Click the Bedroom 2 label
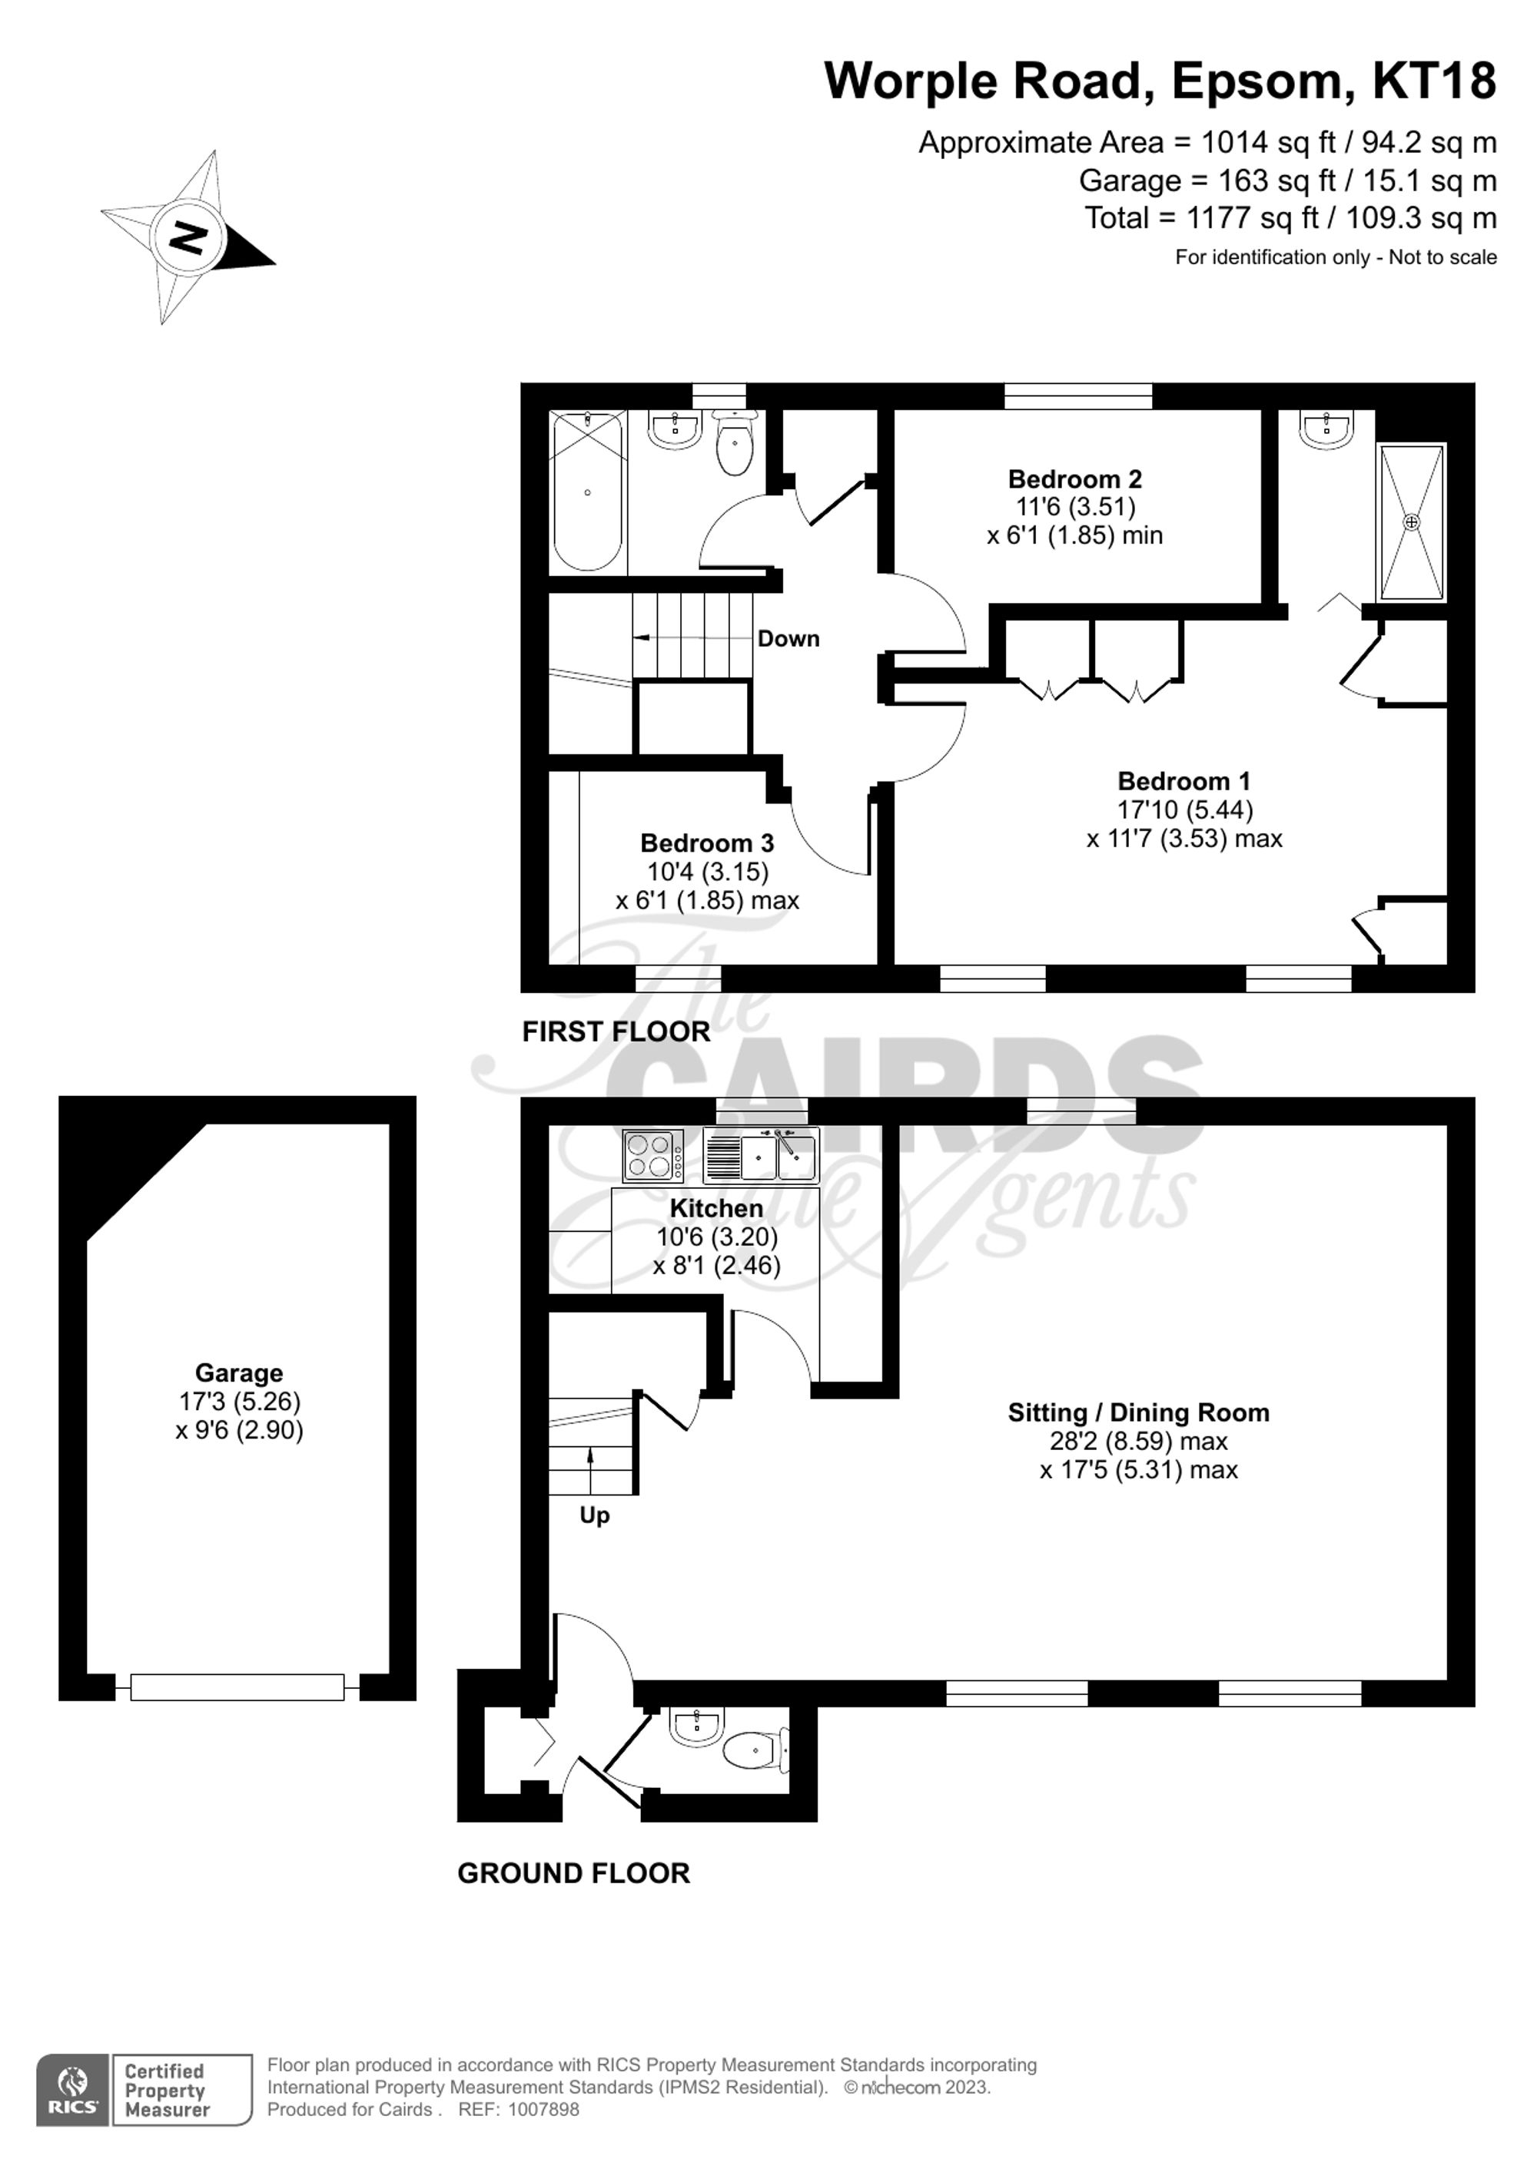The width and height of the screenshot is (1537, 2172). [1074, 478]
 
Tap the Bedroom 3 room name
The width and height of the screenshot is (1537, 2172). [706, 842]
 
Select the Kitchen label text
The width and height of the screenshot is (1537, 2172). [715, 1208]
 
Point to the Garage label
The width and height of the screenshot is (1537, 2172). [238, 1372]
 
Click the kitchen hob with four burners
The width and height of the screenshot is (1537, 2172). [653, 1156]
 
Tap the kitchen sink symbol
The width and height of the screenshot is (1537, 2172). [761, 1155]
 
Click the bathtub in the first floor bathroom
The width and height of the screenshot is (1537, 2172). [588, 492]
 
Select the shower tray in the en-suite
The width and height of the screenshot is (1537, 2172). [1411, 522]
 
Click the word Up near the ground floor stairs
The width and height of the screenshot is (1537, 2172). [594, 1515]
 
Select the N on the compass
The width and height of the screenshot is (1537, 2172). [189, 237]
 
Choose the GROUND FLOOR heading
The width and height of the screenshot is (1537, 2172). [573, 1873]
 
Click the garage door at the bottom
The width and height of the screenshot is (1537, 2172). [237, 1687]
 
